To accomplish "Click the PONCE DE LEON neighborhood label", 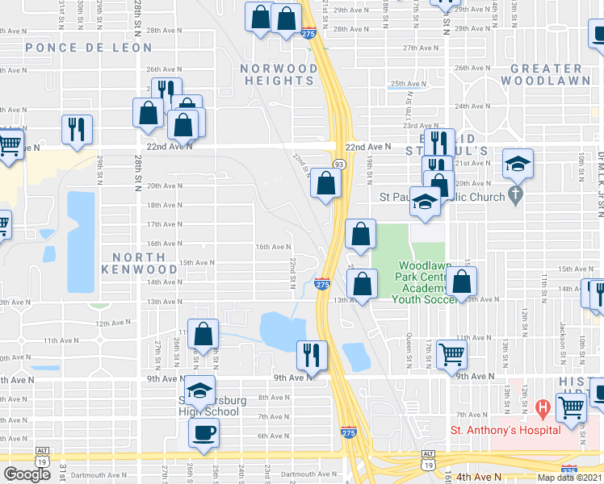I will point(89,48).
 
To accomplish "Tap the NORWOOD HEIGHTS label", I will point(279,75).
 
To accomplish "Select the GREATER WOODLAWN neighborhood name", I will point(541,75).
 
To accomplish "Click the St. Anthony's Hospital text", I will point(505,430).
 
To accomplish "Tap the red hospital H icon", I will point(543,408).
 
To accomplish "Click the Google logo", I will point(27,474).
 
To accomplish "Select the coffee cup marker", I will point(203,431).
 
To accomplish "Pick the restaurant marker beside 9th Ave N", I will point(310,354).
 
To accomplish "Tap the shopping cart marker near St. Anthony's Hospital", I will point(572,408).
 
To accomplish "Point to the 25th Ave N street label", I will point(409,83).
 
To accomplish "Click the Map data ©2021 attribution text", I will point(569,478).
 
